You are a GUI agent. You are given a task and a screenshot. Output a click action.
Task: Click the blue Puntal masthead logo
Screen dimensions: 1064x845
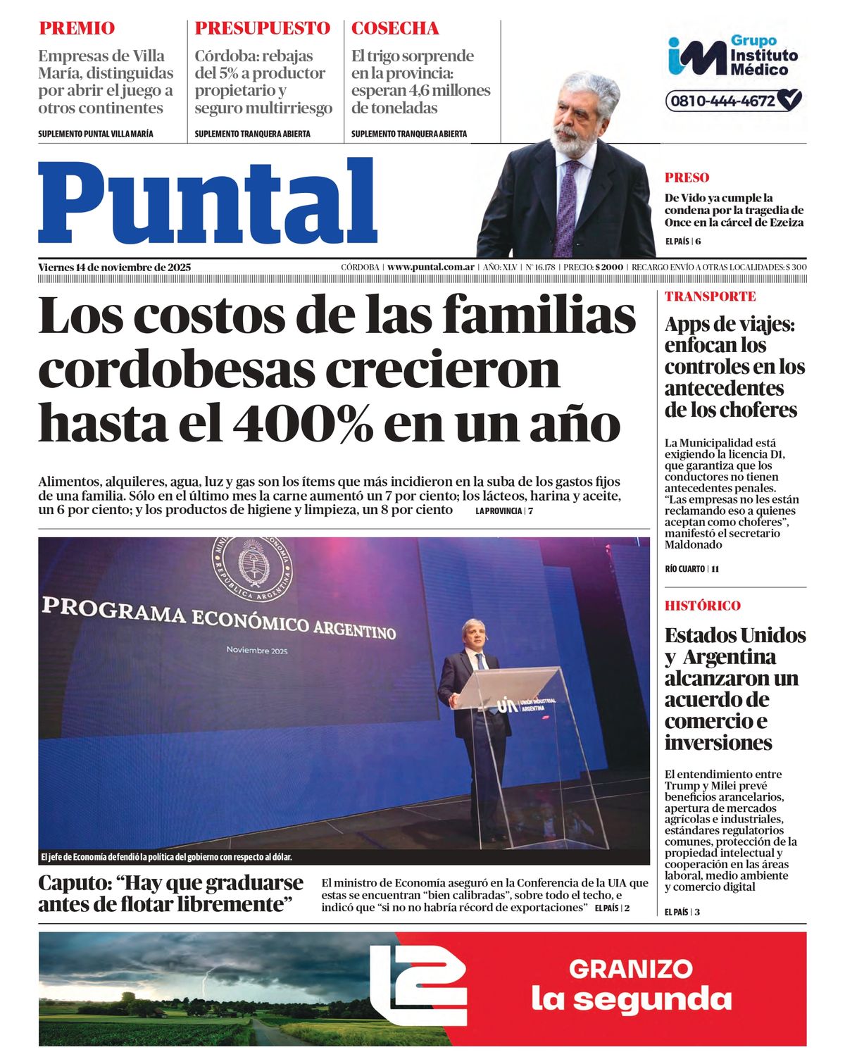point(208,202)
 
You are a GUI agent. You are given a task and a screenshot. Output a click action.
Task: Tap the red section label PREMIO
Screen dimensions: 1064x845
point(77,29)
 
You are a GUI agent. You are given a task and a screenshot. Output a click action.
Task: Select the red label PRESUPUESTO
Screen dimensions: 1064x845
point(262,29)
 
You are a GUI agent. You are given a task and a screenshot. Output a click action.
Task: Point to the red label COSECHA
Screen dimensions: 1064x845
point(395,29)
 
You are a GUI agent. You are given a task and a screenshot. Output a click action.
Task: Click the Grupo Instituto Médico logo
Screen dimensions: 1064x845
point(732,56)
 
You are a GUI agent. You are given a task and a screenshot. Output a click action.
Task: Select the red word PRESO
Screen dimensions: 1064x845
point(687,178)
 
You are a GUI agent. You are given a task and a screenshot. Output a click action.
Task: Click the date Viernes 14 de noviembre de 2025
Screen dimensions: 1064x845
point(115,268)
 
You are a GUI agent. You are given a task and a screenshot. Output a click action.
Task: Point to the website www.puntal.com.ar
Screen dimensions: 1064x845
point(430,268)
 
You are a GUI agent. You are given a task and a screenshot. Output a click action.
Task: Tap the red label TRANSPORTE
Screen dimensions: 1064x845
point(710,296)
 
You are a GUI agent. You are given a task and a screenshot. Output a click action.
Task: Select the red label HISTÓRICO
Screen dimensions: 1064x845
point(702,606)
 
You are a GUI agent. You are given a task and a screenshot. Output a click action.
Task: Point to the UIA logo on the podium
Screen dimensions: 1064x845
point(508,703)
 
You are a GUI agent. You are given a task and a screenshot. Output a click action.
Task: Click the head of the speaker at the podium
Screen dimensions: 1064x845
point(475,635)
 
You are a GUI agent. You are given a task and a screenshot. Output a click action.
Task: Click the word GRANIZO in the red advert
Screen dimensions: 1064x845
point(631,969)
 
